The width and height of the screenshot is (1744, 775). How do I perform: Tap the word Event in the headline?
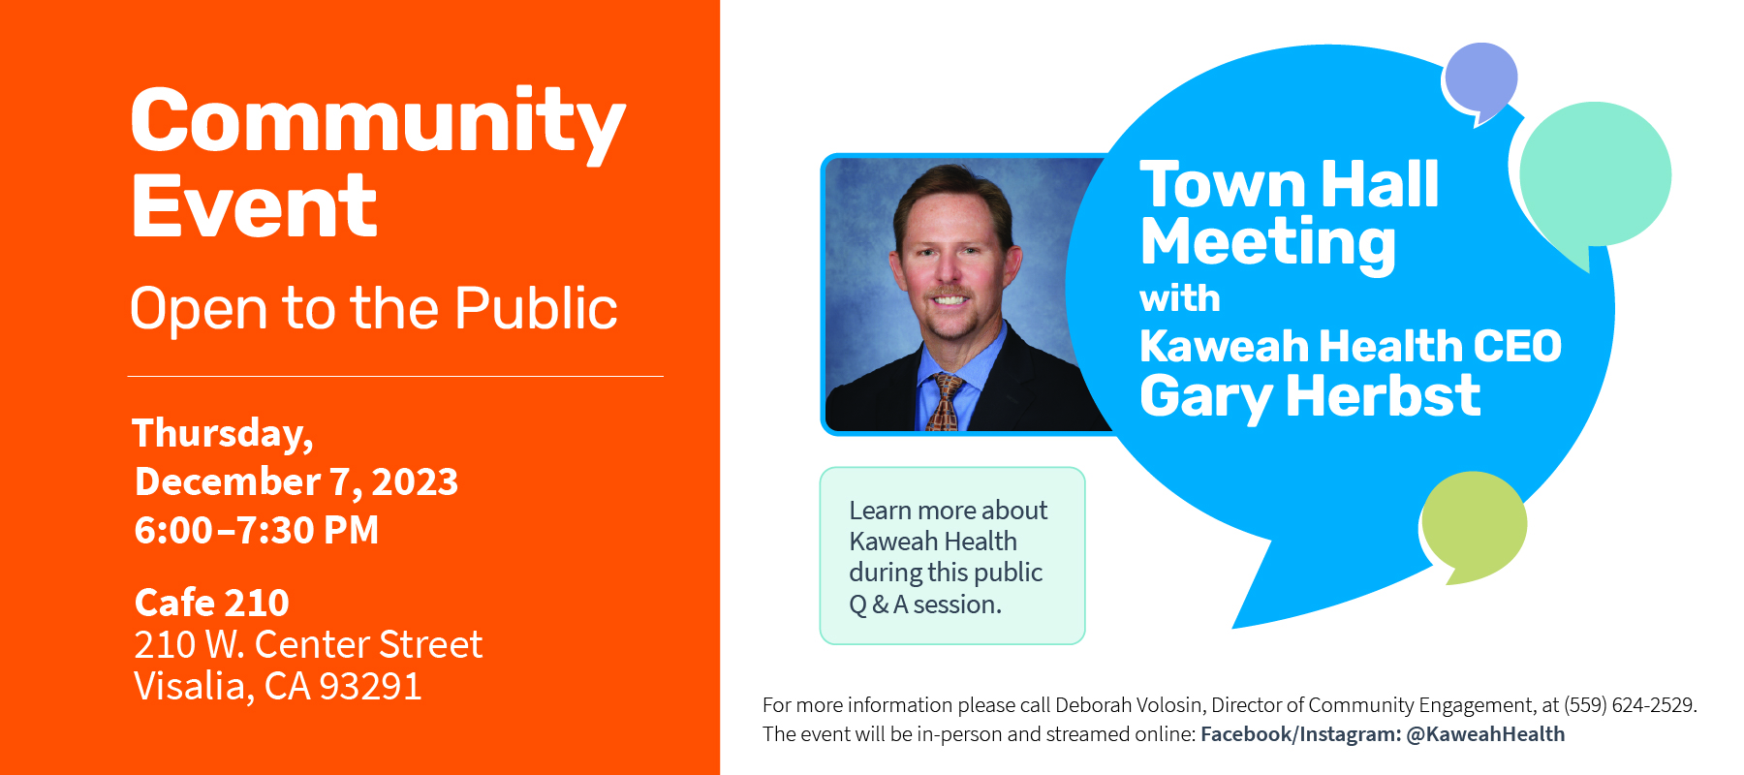coord(254,205)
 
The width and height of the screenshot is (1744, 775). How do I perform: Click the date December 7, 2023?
coord(296,481)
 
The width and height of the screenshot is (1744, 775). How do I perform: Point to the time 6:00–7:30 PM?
coord(257,530)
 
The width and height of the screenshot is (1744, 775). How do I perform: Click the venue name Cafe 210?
coord(212,603)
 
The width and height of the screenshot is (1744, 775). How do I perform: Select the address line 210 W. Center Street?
coord(308,644)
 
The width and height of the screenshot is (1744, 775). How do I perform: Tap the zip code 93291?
coord(370,687)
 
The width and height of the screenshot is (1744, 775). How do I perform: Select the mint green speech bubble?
coord(1594,176)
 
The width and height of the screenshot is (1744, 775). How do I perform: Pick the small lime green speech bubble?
coord(1473,524)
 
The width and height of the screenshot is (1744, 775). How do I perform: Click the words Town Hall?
coord(1290,184)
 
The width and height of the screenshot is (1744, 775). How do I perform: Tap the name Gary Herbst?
coord(1310,397)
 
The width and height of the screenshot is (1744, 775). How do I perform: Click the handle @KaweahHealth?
coord(1485,734)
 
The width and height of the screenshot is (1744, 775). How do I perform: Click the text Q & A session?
coord(925,604)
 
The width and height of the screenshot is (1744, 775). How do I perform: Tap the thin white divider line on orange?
coord(395,376)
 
